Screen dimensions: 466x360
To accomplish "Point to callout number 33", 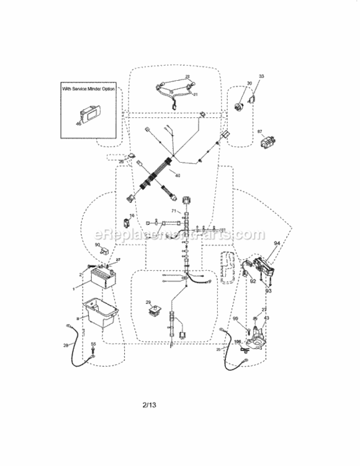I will click(261, 76).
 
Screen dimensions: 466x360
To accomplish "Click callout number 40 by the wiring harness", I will click(178, 175).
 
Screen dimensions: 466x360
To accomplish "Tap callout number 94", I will click(277, 243).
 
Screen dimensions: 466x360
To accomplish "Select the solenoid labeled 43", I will click(257, 336).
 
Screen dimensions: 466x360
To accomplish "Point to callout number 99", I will click(235, 318).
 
